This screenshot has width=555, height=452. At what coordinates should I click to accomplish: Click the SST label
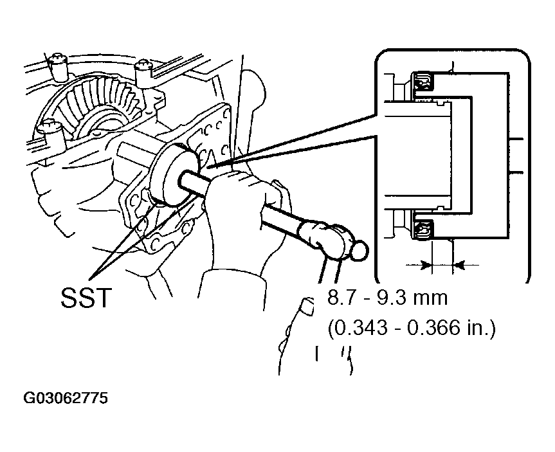(86, 298)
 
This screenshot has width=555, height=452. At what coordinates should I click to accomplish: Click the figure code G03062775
(66, 398)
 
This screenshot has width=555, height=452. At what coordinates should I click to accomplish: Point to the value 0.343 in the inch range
(361, 328)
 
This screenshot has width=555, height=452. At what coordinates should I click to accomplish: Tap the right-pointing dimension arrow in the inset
(419, 264)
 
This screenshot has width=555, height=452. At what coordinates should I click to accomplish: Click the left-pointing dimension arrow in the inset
(466, 264)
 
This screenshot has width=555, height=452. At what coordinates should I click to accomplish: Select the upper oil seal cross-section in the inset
(423, 82)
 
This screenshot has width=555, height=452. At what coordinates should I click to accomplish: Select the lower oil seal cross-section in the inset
(423, 229)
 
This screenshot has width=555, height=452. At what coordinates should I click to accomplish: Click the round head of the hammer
(358, 250)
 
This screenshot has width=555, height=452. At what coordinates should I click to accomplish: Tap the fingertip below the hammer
(307, 305)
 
